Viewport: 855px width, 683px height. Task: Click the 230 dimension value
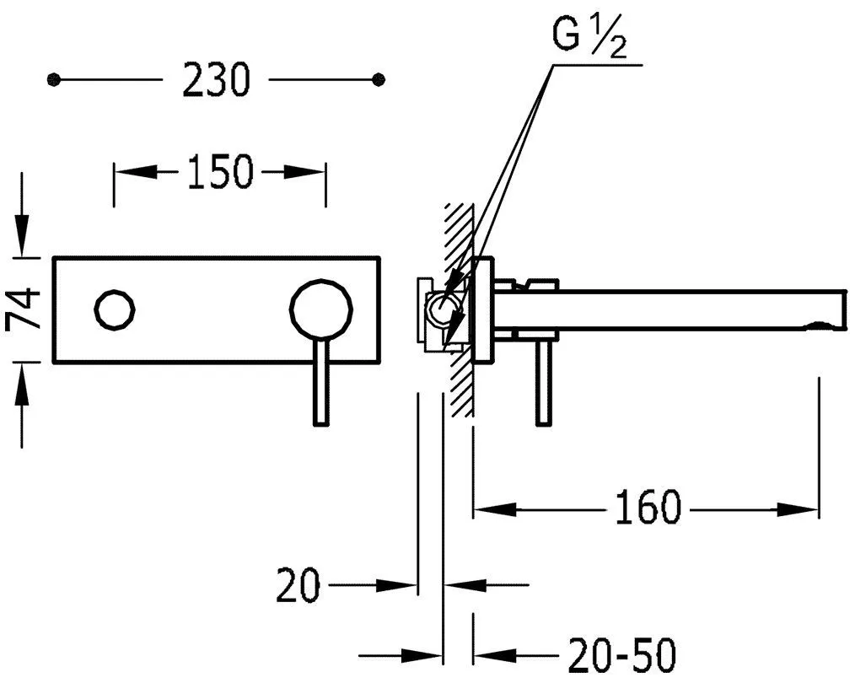coord(215,79)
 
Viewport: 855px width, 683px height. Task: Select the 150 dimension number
coord(220,172)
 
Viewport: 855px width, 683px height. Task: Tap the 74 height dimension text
coord(24,309)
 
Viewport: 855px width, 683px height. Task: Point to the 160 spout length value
coord(648,508)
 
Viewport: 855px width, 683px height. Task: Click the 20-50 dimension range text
coord(621,654)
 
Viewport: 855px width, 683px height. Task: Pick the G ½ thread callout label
coord(589,38)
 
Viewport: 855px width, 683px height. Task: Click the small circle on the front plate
coord(115,309)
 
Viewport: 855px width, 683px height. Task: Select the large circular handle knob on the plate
coord(320,309)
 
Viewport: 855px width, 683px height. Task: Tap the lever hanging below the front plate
coord(321,382)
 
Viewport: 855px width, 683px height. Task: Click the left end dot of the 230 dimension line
coord(53,80)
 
